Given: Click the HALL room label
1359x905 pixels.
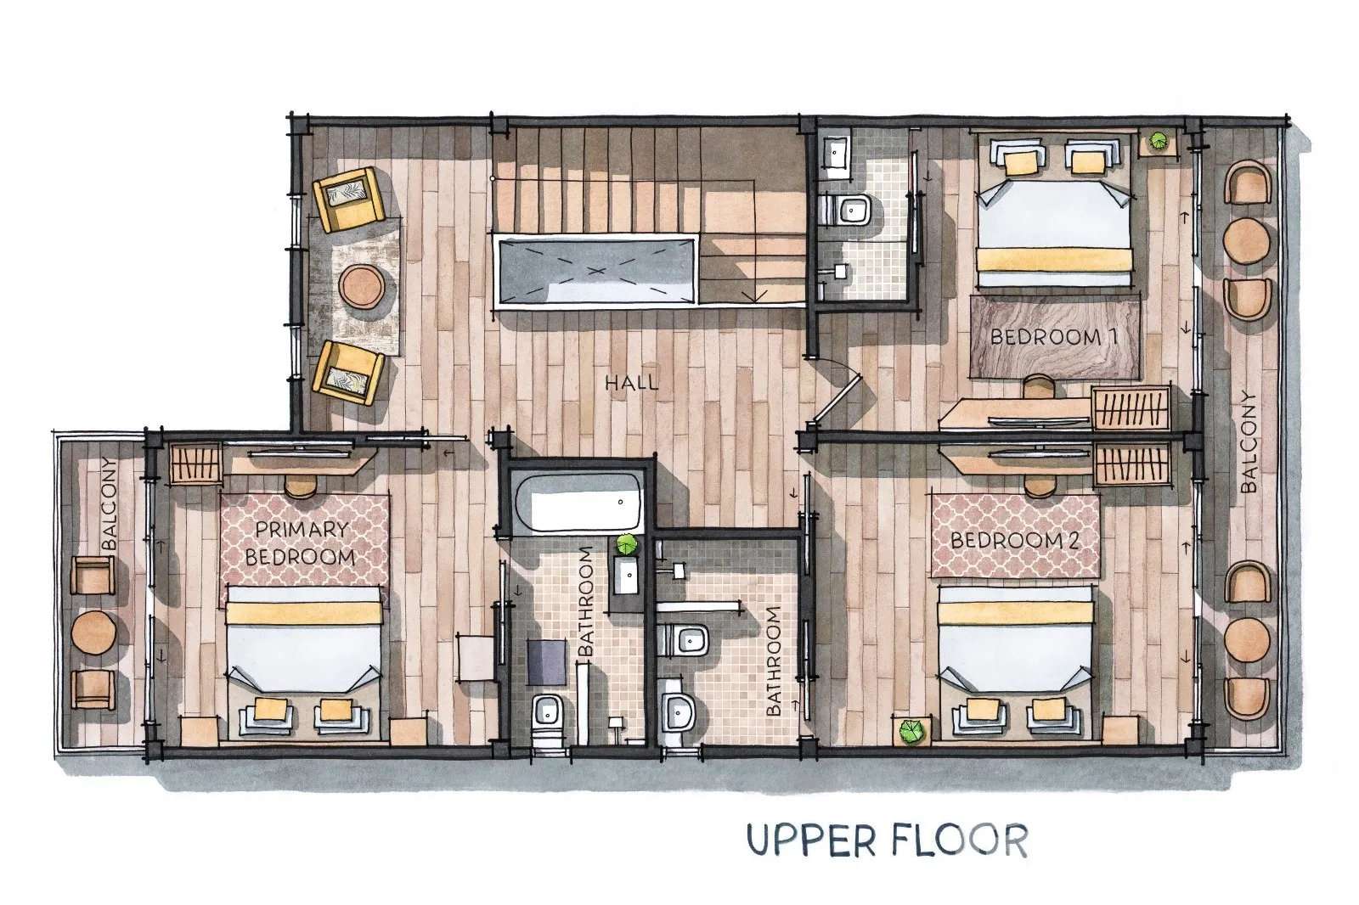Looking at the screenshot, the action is point(631,382).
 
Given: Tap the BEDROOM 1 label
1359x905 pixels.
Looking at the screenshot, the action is point(1053,337).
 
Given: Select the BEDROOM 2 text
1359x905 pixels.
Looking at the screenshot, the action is point(1014,540).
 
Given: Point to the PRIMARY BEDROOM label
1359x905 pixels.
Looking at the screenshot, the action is point(301,542).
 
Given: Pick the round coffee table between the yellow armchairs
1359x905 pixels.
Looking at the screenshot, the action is point(361,285).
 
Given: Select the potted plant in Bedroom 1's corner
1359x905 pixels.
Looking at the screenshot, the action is point(1159,142).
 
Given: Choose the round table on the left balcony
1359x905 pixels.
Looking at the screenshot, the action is point(93,632).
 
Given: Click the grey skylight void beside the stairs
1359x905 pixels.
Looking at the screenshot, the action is point(595,271).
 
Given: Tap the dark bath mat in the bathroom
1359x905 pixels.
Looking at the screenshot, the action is point(547,661).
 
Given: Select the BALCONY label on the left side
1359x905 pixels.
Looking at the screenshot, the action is point(110,503).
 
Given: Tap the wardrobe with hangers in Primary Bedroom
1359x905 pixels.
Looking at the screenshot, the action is point(195,463).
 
